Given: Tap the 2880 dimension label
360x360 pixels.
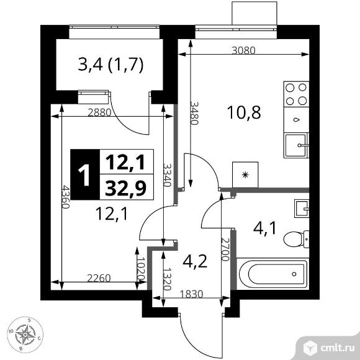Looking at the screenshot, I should pos(100,113).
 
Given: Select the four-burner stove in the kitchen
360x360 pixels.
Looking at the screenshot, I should pos(296,94).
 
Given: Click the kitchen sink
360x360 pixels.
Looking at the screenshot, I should pos(296,145).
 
